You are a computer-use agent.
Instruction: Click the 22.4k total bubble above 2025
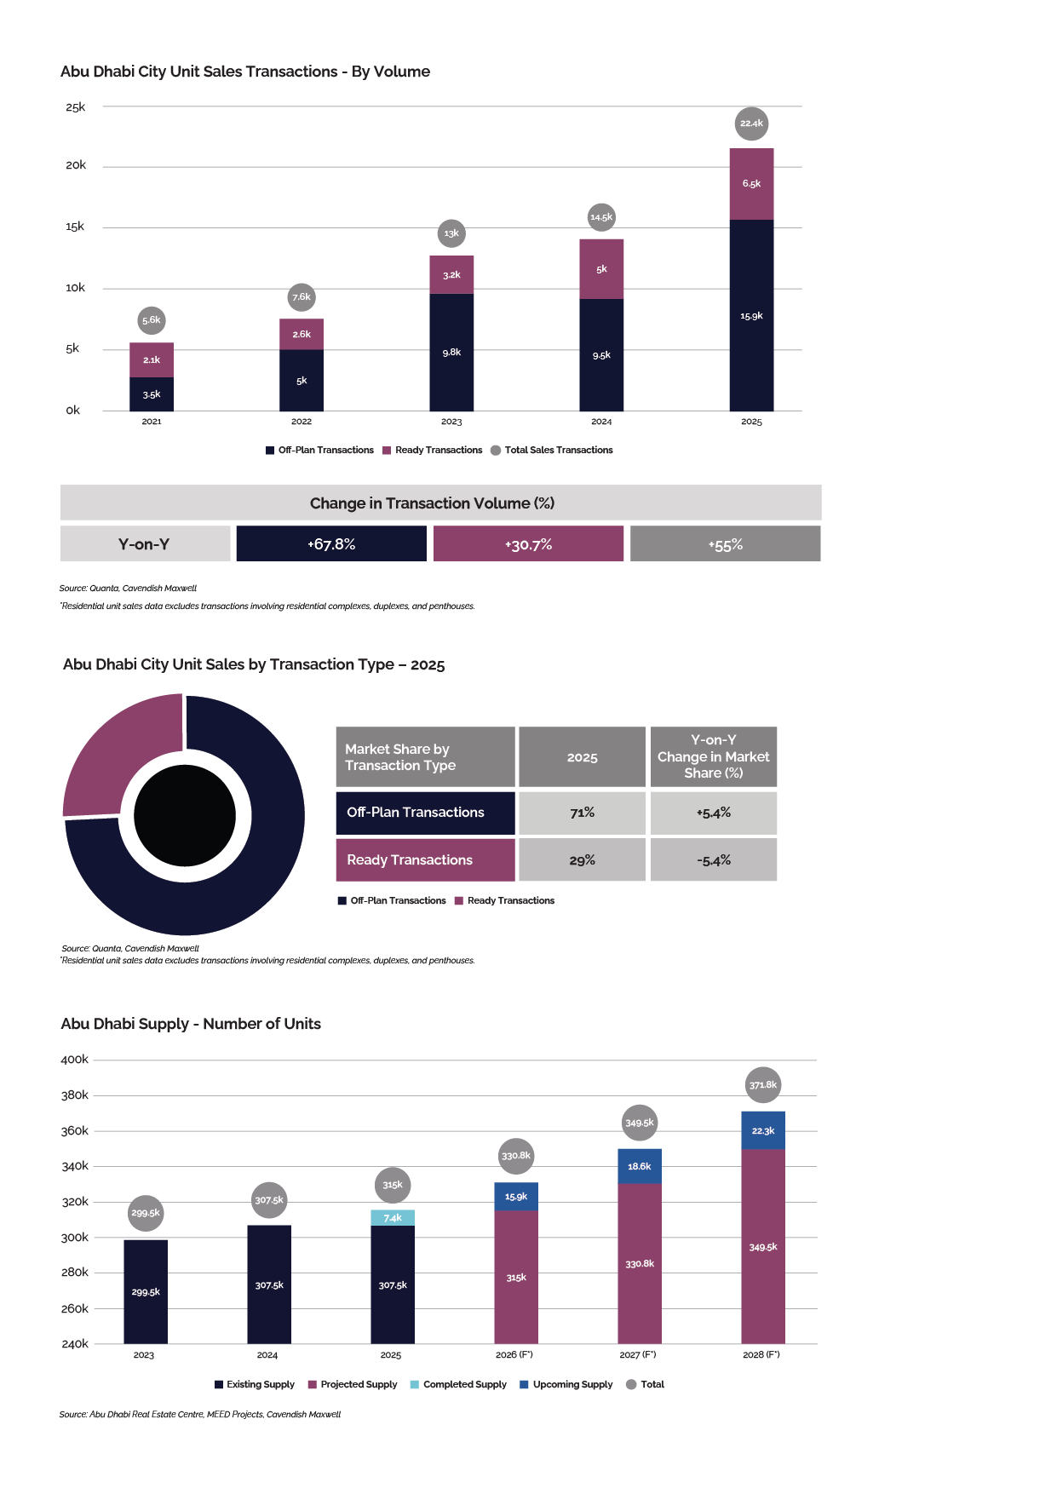[751, 124]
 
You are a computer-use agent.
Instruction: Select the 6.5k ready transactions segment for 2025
[751, 184]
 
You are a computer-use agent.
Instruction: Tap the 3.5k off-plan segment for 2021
[152, 394]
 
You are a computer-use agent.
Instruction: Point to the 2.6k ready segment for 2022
[302, 334]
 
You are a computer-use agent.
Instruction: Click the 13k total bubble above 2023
[451, 233]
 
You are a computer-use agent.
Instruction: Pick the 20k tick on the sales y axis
[76, 165]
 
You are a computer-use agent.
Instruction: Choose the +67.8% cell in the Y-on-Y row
[331, 543]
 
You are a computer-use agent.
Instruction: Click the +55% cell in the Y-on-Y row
[726, 543]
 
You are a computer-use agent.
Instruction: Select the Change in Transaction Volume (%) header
[440, 503]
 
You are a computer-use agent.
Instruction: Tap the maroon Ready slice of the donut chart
[119, 750]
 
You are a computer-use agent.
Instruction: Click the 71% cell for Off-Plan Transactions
[582, 813]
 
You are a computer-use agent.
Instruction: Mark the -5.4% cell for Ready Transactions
[714, 860]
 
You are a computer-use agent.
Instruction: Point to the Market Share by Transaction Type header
[425, 756]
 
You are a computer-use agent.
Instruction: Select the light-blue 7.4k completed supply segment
[393, 1217]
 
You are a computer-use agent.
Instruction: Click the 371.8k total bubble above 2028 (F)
[762, 1084]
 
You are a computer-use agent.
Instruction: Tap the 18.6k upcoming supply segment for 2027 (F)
[640, 1166]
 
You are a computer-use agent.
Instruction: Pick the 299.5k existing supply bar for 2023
[146, 1291]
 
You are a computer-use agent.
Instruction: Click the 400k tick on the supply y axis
[75, 1060]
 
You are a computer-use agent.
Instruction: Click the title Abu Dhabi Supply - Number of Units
[191, 1024]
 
